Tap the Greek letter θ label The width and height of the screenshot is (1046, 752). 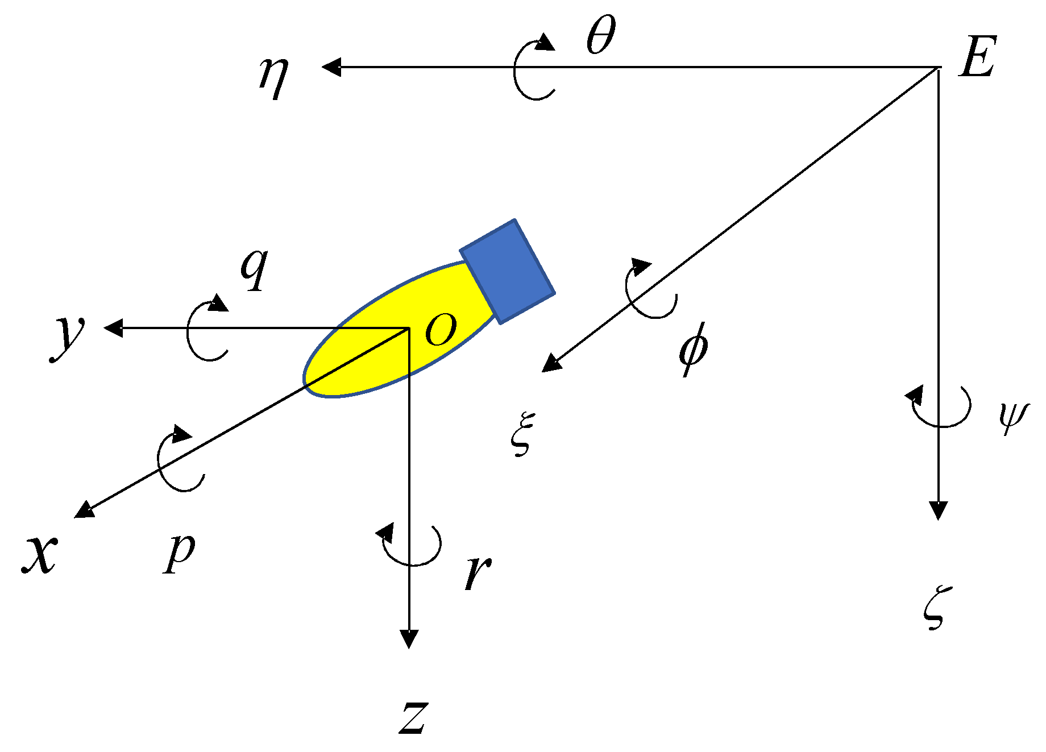pos(601,35)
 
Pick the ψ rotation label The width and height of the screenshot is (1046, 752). pos(1014,416)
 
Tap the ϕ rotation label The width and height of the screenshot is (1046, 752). pos(694,348)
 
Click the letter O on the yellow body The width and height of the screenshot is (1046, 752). pos(441,329)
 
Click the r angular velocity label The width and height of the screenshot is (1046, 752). pos(478,572)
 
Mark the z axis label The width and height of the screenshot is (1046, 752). pos(413,717)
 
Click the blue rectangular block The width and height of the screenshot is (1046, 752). pos(508,271)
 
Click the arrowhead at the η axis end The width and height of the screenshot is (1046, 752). pos(331,67)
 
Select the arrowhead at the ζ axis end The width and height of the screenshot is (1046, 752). pos(938,510)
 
